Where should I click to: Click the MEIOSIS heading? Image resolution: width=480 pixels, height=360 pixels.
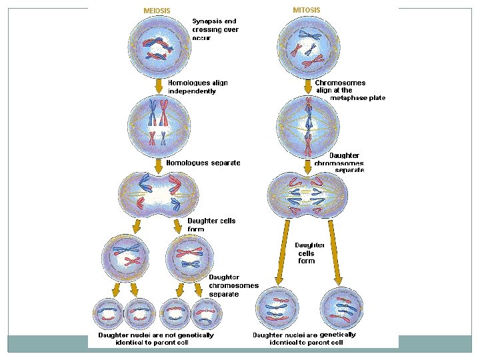(x=157, y=11)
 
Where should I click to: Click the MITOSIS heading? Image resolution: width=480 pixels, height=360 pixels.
(x=307, y=10)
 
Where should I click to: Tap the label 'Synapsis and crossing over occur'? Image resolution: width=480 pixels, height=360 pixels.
(x=215, y=29)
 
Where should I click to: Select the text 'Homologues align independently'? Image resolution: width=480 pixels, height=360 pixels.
(x=197, y=87)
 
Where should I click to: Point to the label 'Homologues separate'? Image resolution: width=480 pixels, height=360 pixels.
(x=203, y=163)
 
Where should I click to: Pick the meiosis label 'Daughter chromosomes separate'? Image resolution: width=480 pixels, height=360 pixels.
(x=233, y=285)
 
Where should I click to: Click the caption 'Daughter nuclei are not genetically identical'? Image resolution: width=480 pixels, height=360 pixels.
(x=156, y=339)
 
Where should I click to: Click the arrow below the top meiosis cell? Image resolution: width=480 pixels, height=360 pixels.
(x=159, y=85)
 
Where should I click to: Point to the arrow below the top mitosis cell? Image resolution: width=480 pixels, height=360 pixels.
(x=308, y=86)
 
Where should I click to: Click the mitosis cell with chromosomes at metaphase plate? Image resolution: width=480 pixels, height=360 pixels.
(x=308, y=125)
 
